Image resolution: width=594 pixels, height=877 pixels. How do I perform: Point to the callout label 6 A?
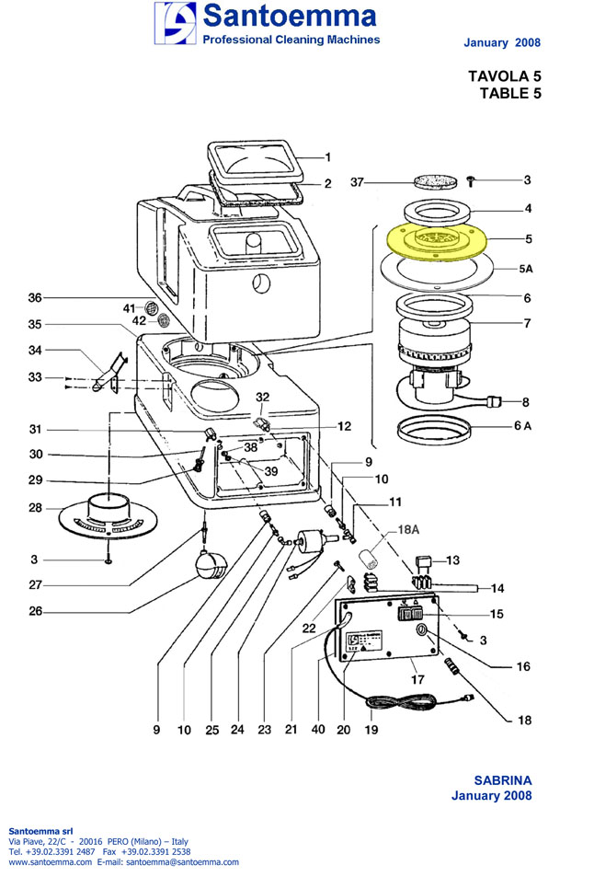click(521, 425)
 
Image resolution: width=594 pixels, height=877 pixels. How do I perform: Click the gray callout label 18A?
click(407, 531)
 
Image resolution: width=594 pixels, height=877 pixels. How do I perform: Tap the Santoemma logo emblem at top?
click(176, 23)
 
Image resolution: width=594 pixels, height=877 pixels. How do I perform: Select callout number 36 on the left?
click(35, 297)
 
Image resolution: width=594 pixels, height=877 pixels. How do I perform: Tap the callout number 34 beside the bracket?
click(35, 350)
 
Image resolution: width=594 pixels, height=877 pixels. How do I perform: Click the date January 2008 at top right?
click(502, 43)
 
